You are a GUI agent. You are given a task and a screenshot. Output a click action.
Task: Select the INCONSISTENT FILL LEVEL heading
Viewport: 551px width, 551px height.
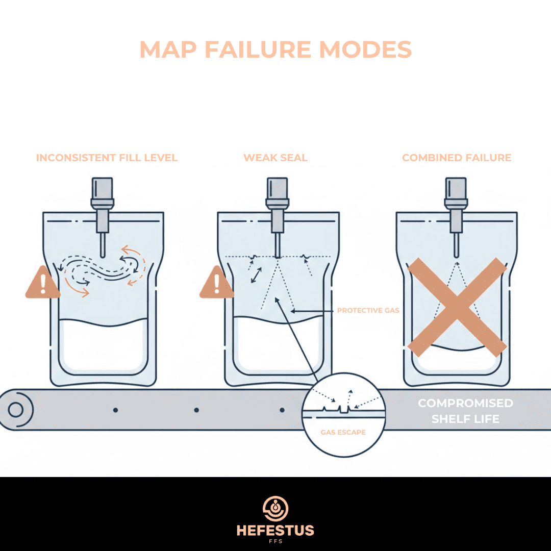click(x=107, y=158)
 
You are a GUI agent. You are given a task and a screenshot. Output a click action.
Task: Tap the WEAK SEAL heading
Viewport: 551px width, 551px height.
click(x=275, y=158)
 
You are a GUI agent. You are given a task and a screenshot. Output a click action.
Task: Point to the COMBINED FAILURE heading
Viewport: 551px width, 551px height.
click(x=457, y=158)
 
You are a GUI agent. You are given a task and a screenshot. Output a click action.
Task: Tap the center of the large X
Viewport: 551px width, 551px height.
click(x=457, y=306)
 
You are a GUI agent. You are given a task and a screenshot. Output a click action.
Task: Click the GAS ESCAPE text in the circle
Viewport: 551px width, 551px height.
click(x=343, y=432)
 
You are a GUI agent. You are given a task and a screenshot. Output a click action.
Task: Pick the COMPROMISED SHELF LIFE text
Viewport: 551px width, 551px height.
click(x=465, y=411)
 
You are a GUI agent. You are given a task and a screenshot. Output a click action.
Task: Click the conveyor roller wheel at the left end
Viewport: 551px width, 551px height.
click(x=15, y=410)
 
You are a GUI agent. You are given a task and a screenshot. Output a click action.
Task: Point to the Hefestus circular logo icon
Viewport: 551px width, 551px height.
click(x=275, y=508)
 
